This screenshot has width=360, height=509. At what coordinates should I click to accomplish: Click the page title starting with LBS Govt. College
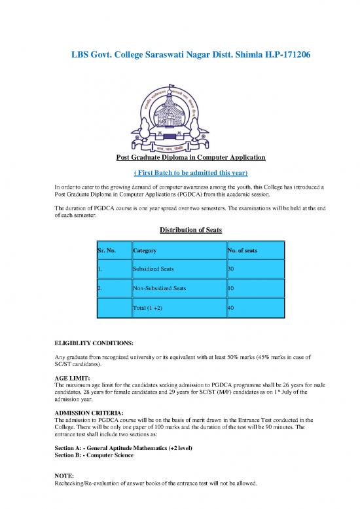pyautogui.click(x=180, y=56)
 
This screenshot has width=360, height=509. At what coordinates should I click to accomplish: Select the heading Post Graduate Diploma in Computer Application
pyautogui.click(x=180, y=158)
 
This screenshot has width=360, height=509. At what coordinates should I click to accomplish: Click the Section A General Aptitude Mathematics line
pyautogui.click(x=124, y=447)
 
